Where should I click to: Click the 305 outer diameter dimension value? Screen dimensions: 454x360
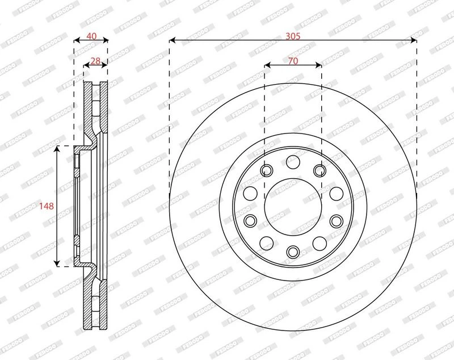[293, 36]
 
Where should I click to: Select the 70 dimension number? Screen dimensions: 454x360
[293, 61]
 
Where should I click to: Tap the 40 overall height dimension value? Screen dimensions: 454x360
[91, 36]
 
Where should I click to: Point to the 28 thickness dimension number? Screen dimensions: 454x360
[95, 61]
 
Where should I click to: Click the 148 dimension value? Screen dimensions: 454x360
[47, 206]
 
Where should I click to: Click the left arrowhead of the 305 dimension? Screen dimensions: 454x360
[173, 40]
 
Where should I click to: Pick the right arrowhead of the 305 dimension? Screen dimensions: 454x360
[413, 40]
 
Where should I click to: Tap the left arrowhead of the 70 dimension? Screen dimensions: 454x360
[268, 65]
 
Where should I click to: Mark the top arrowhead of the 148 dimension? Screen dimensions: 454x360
[57, 149]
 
